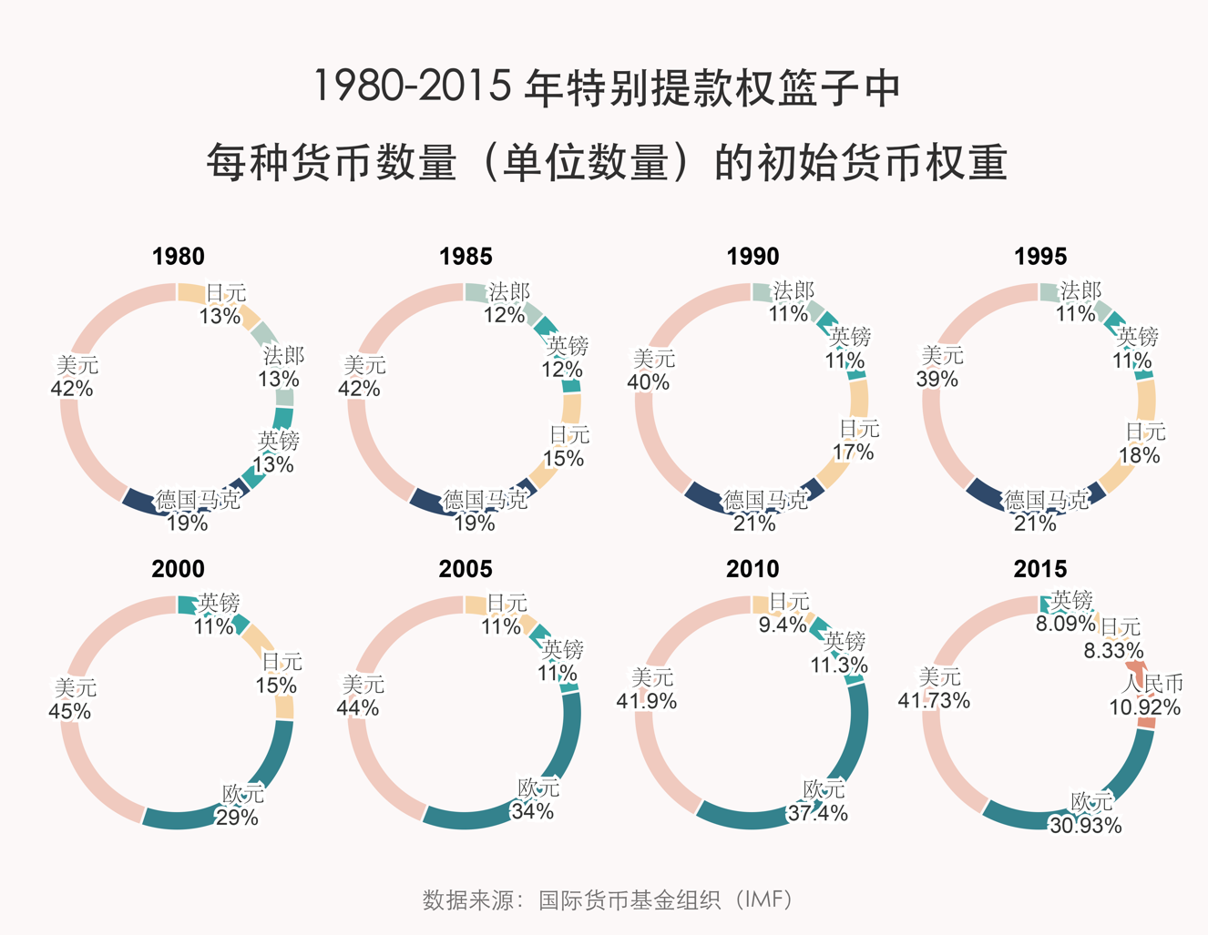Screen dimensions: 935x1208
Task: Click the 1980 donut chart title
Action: [179, 257]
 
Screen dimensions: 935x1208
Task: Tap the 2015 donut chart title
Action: [1039, 569]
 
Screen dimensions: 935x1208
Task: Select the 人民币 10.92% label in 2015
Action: [1145, 696]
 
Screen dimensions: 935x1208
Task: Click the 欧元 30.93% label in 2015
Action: [1085, 814]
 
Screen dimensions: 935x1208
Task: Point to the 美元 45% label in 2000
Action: [72, 699]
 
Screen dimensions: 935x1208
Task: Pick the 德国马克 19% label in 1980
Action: [195, 511]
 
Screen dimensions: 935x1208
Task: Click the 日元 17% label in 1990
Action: [855, 441]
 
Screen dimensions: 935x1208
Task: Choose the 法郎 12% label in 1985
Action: [507, 303]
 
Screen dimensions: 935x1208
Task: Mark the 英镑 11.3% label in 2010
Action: [840, 654]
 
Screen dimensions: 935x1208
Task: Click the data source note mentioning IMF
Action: [608, 899]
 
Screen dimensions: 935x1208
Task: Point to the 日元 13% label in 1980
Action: [223, 305]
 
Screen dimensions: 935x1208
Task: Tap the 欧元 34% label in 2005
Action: [536, 799]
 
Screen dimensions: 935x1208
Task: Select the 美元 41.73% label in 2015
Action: [935, 689]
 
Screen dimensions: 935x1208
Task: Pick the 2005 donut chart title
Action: [466, 569]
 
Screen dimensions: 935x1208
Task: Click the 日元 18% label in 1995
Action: [1142, 443]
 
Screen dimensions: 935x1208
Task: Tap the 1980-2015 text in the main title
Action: [412, 87]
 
